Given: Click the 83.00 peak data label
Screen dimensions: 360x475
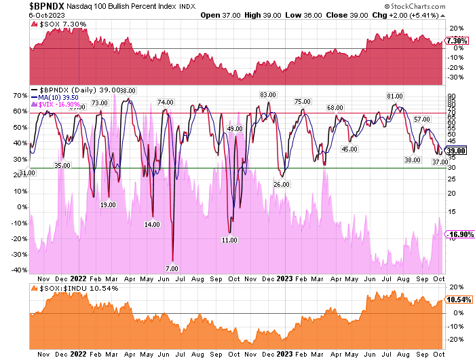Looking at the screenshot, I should coord(267,94).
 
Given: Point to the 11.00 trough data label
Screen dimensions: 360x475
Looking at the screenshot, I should coord(229,240).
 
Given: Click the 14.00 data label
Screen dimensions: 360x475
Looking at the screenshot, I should coord(152,224).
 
